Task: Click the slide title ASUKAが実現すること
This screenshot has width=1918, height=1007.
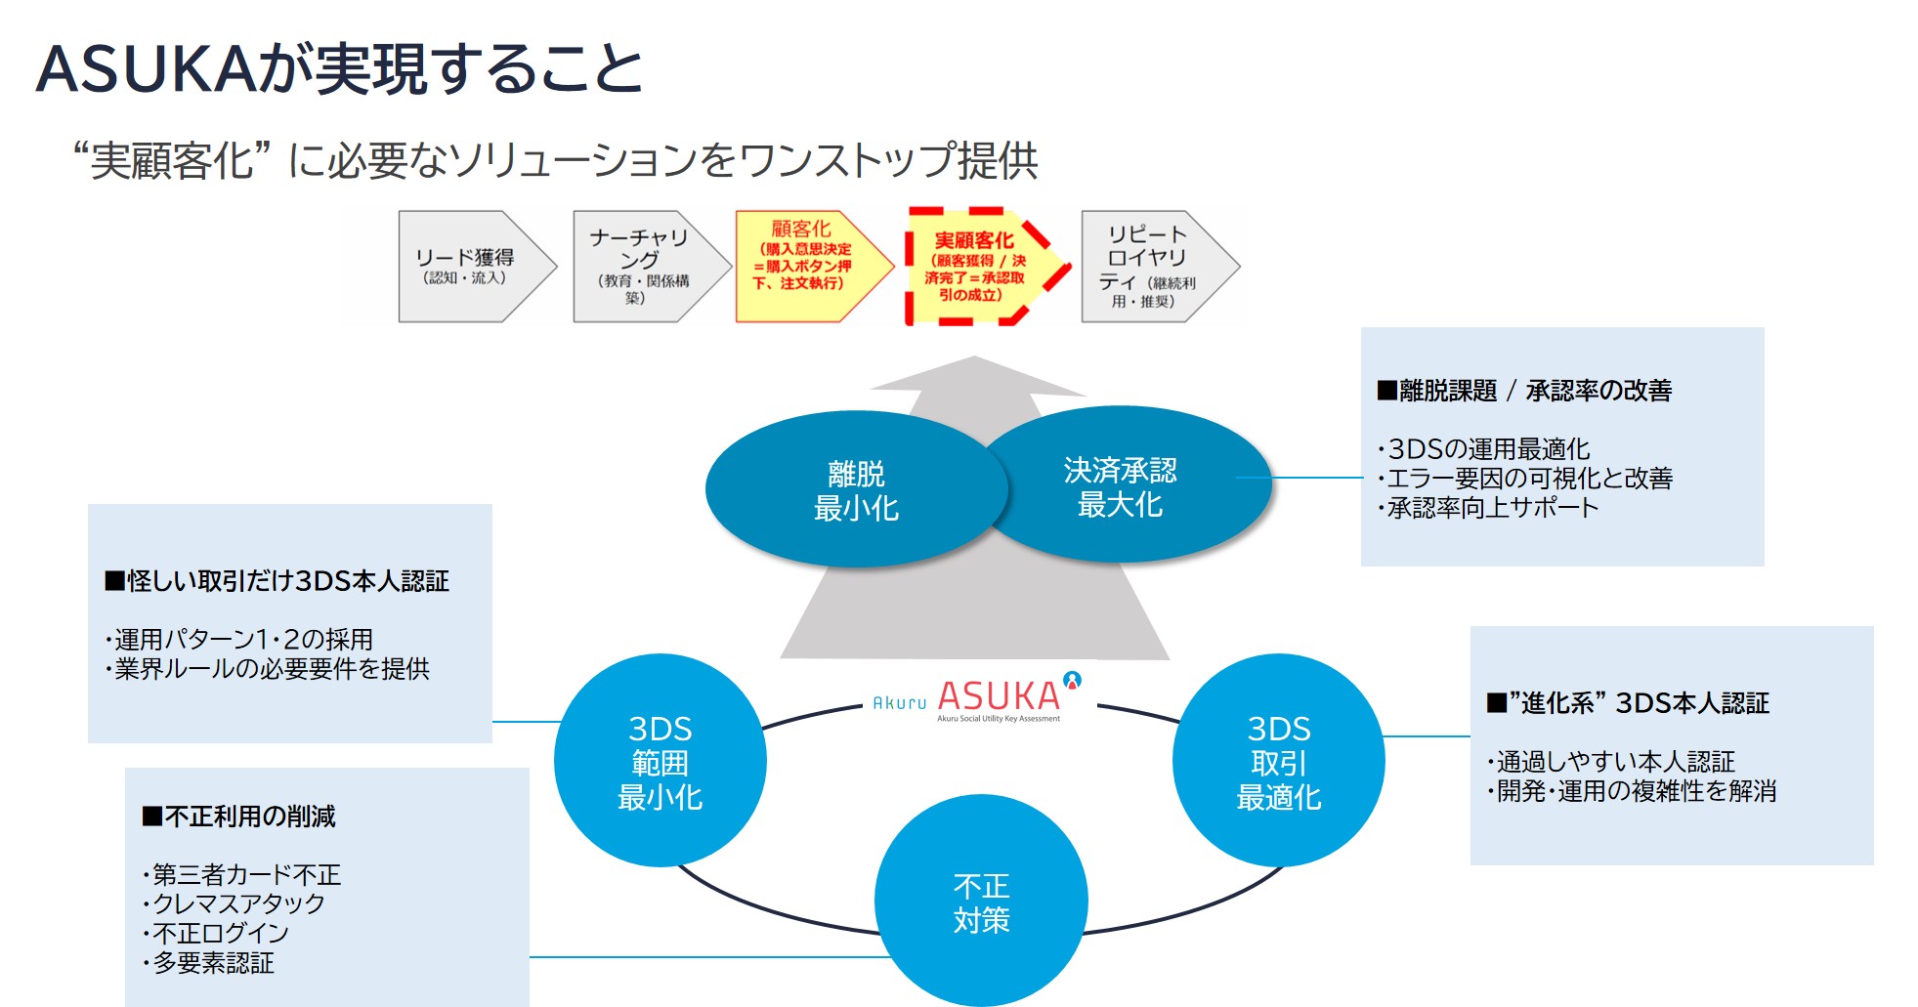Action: (339, 69)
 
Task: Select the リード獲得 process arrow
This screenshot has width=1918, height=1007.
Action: (477, 267)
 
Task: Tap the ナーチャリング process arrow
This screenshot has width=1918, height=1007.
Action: (652, 267)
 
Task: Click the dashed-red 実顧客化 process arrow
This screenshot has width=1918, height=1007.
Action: (987, 266)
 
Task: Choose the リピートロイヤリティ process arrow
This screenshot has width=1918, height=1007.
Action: (1160, 267)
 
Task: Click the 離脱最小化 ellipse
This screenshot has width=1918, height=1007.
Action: (856, 489)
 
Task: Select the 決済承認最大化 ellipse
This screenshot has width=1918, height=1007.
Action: (1125, 485)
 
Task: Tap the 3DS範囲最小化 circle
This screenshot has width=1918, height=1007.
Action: (661, 761)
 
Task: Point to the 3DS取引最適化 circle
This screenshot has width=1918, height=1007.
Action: (1279, 761)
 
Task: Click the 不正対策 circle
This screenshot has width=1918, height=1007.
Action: (981, 902)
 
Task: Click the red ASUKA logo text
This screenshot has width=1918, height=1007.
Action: (999, 696)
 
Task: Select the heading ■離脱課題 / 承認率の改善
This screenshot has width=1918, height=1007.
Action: (1524, 391)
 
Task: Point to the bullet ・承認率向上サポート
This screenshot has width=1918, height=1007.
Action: (1488, 508)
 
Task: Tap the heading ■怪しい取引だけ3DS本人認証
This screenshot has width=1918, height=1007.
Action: (277, 581)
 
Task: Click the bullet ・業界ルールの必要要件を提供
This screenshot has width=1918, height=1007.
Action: (267, 669)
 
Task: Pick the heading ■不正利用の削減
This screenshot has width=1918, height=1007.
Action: (239, 817)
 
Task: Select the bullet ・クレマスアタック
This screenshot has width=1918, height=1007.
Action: (234, 904)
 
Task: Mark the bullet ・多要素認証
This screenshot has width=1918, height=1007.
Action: (208, 963)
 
